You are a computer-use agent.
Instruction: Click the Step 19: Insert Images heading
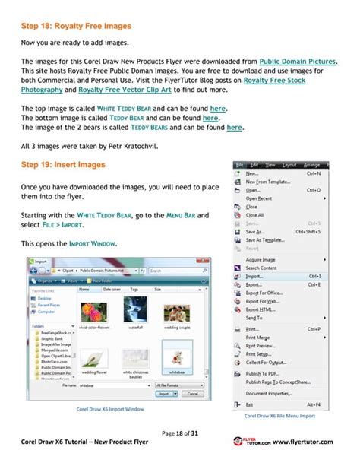point(63,165)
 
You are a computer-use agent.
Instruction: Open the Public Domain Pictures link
point(298,61)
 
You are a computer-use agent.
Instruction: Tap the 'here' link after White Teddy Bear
point(218,109)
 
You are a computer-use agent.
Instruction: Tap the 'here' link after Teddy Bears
point(234,128)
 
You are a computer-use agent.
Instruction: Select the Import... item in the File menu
point(255,277)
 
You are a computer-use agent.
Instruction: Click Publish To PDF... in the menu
point(261,373)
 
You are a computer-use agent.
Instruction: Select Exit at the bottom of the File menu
point(250,404)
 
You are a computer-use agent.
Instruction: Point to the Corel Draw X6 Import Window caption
point(110,409)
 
